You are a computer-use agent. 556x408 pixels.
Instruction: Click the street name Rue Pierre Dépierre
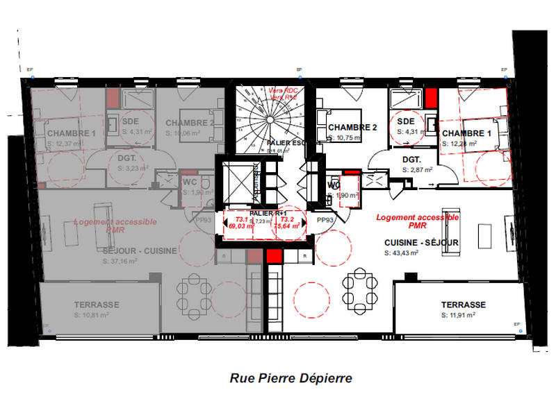tap(291, 378)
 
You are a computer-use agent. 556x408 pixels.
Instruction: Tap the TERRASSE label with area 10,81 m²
tap(97, 304)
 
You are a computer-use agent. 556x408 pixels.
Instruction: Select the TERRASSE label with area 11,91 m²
tap(464, 305)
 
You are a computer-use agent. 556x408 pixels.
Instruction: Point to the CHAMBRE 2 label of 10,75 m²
tap(352, 127)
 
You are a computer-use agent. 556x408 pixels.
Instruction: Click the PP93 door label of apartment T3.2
tap(325, 219)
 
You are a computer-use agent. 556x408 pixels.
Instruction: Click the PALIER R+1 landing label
tap(263, 212)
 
